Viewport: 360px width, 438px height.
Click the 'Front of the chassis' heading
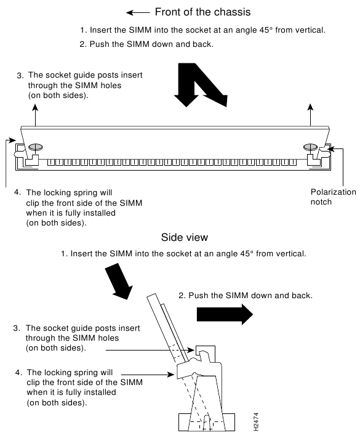(x=202, y=12)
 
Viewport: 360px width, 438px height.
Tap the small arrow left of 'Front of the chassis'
(x=138, y=12)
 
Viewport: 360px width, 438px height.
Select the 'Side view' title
(x=185, y=237)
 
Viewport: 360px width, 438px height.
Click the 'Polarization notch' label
(x=333, y=197)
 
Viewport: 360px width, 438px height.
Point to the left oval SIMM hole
(x=36, y=147)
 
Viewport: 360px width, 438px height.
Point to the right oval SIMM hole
(x=311, y=147)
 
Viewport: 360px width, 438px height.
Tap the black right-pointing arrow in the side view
(x=225, y=314)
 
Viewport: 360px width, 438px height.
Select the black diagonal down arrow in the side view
(x=119, y=281)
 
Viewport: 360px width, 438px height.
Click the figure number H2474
(x=256, y=421)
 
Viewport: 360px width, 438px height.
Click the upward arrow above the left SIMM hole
(x=36, y=115)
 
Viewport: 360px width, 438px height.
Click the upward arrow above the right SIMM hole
(x=310, y=115)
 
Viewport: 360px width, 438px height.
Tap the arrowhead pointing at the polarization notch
(x=330, y=149)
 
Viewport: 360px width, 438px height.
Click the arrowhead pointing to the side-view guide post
(x=191, y=350)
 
